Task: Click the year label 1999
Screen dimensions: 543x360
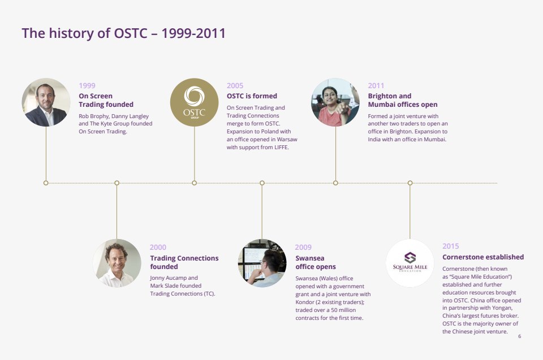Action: [x=87, y=85]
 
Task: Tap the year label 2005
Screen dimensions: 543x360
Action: [x=235, y=85]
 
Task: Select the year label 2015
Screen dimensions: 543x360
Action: [x=451, y=246]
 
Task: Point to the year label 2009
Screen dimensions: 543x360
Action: [x=303, y=247]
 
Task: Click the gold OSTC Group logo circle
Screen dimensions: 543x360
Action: [x=194, y=102]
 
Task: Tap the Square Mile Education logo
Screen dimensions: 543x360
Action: [x=410, y=263]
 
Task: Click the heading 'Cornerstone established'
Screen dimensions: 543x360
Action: [x=483, y=257]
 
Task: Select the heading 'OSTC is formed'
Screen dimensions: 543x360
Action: [x=252, y=96]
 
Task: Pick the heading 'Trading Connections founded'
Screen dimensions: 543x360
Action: [x=184, y=262]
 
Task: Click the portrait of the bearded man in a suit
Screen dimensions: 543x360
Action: [x=46, y=102]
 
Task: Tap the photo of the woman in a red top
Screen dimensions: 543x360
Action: [x=335, y=102]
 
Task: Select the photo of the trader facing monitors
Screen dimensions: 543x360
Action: [x=262, y=263]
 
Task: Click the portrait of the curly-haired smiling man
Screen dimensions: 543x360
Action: [x=117, y=263]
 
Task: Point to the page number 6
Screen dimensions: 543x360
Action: [x=519, y=336]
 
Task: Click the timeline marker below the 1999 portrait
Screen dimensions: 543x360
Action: [x=46, y=183]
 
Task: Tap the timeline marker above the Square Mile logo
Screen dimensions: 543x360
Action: [x=410, y=183]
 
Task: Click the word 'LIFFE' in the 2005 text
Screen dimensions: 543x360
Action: [x=281, y=147]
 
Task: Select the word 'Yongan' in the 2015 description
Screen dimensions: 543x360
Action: [x=502, y=308]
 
